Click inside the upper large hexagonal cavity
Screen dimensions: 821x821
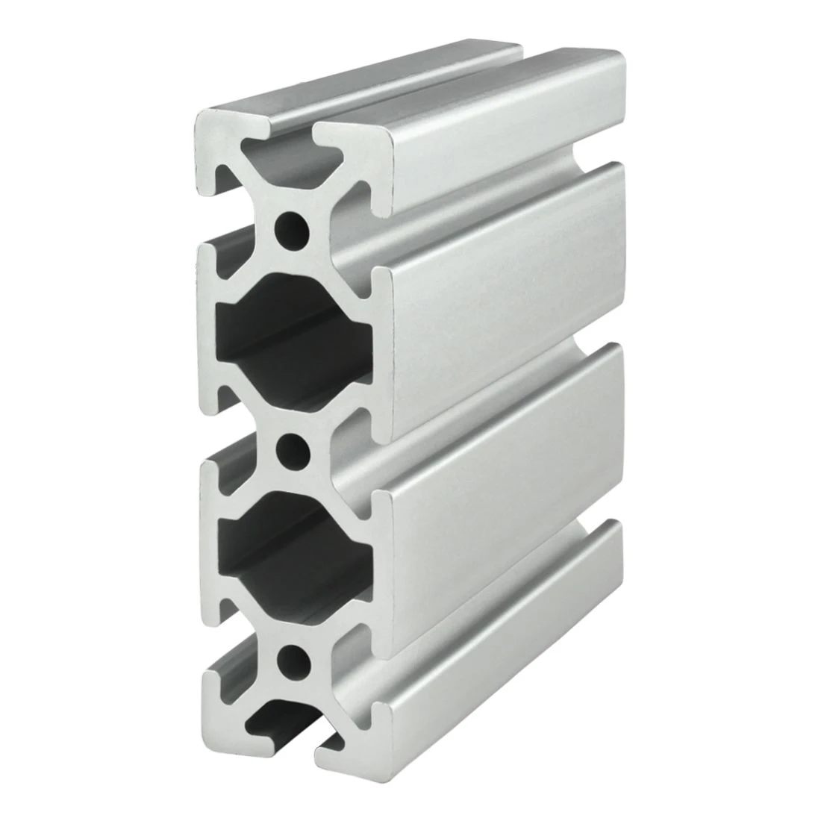coord(291,328)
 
